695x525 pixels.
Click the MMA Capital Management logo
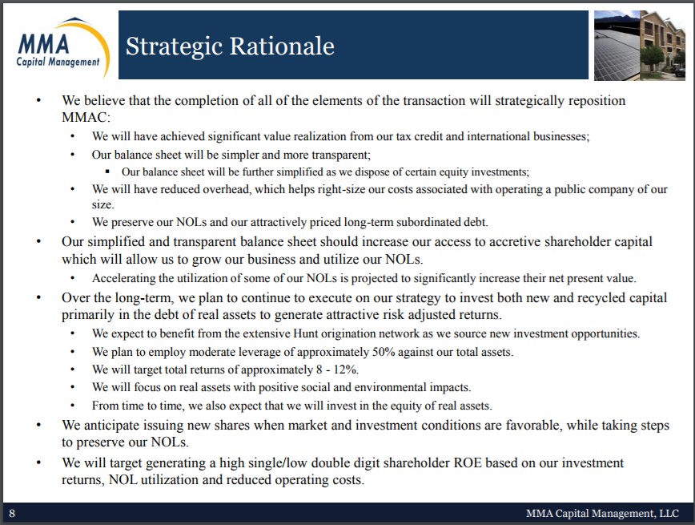tap(58, 45)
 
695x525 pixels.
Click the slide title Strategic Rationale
tap(230, 46)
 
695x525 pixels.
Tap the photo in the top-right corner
tap(640, 45)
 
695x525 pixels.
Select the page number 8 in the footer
tap(11, 513)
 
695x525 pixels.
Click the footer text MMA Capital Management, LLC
tap(602, 513)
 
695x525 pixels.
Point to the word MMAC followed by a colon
tap(83, 117)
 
